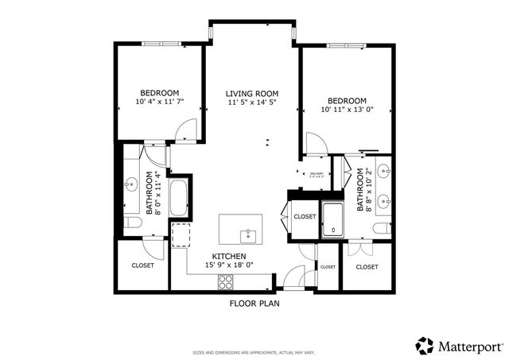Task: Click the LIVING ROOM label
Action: (251, 93)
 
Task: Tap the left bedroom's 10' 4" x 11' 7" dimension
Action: (160, 103)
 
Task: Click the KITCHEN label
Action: (228, 256)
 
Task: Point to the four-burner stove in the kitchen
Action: (226, 281)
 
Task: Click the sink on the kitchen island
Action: (249, 234)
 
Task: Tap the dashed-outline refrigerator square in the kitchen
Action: (181, 235)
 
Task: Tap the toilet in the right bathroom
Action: (384, 227)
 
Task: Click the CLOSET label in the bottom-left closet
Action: (142, 265)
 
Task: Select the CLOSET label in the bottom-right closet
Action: (367, 267)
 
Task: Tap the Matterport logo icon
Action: (425, 346)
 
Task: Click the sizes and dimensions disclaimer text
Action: (254, 352)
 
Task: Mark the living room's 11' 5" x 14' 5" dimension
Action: (251, 103)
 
